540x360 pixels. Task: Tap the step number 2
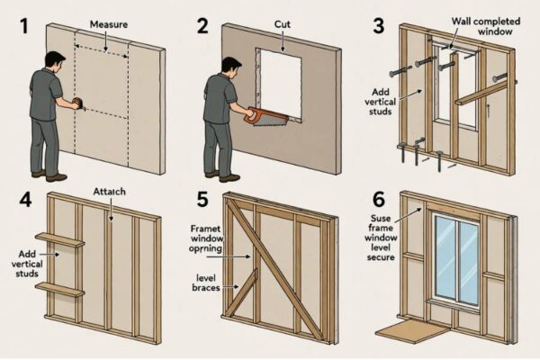pyautogui.click(x=204, y=19)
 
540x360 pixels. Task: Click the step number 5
pyautogui.click(x=202, y=200)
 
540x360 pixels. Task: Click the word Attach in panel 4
pyautogui.click(x=110, y=192)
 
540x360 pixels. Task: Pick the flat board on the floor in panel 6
pyautogui.click(x=411, y=331)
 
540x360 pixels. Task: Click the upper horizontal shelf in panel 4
pyautogui.click(x=60, y=239)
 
